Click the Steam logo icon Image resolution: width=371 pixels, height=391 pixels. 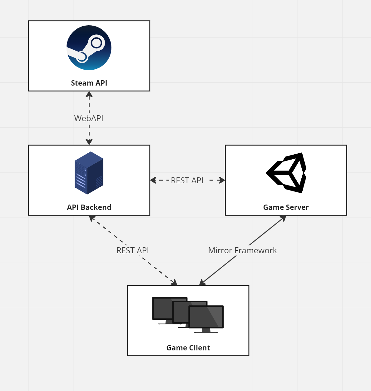coord(89,48)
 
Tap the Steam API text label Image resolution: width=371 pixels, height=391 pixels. coord(89,83)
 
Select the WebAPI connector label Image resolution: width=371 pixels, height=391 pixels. coord(89,118)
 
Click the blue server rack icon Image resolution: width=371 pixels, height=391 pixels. coord(89,173)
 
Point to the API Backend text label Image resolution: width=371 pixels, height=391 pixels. coord(89,207)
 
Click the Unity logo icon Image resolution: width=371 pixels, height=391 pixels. coord(286,173)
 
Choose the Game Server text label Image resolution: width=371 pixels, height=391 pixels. coord(286,207)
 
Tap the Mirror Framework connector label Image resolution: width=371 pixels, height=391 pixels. coord(242,250)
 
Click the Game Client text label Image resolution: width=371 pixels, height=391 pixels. coord(188,348)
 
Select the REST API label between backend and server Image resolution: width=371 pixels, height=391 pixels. coord(187,181)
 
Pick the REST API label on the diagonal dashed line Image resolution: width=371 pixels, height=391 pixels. coord(132,250)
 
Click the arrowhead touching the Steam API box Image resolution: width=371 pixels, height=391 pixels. coord(89,94)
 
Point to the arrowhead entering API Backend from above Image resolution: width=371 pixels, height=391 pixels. coord(89,142)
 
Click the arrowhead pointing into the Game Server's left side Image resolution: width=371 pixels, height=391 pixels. coord(222,180)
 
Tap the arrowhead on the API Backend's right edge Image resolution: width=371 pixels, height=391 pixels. coord(153,180)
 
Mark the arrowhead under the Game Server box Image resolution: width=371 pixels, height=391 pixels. coord(283,218)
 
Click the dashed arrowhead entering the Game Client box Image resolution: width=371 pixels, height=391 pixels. coord(174,283)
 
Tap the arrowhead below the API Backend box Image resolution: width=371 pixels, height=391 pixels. coord(92,218)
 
